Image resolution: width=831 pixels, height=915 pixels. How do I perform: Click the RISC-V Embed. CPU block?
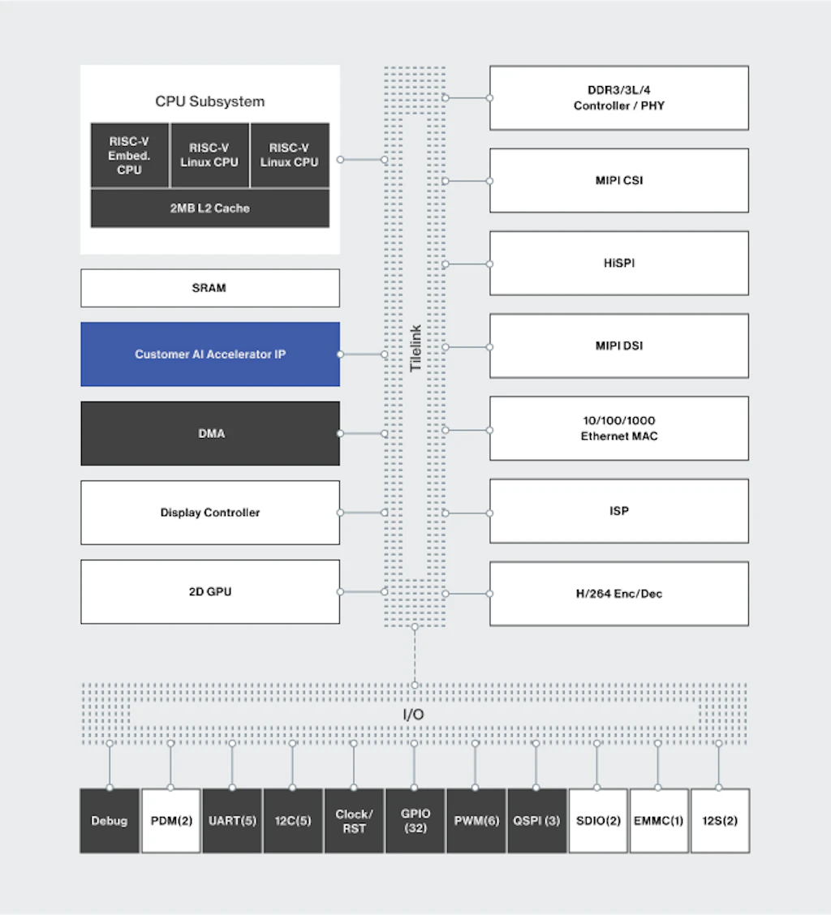tap(129, 155)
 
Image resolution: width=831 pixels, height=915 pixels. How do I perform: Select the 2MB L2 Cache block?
tap(209, 208)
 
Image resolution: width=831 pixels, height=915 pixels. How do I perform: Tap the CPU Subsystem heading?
tap(209, 101)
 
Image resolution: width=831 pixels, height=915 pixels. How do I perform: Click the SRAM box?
tap(209, 288)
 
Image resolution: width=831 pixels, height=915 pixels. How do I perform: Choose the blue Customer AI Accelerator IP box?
tap(209, 354)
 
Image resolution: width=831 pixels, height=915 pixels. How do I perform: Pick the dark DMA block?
tap(209, 433)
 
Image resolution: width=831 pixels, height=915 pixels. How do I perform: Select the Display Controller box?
tap(209, 513)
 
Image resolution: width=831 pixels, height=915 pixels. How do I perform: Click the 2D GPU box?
tap(209, 591)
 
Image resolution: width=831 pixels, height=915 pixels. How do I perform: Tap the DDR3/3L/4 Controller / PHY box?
tap(618, 98)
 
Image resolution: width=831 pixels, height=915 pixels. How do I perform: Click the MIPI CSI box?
tap(618, 180)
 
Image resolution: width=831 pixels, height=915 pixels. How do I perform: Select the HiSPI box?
tap(618, 264)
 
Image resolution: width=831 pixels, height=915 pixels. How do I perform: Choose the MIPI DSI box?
tap(618, 346)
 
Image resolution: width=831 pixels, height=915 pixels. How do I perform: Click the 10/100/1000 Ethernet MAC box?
tap(618, 428)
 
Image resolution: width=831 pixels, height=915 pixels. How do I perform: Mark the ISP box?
tap(618, 511)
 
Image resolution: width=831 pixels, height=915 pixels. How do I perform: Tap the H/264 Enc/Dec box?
tap(618, 594)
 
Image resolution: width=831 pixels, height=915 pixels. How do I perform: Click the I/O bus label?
tap(414, 715)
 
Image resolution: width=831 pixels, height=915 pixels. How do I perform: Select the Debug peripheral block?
tap(110, 820)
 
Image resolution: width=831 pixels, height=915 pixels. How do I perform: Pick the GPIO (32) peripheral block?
tap(415, 820)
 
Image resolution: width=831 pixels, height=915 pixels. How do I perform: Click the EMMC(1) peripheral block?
tap(658, 820)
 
